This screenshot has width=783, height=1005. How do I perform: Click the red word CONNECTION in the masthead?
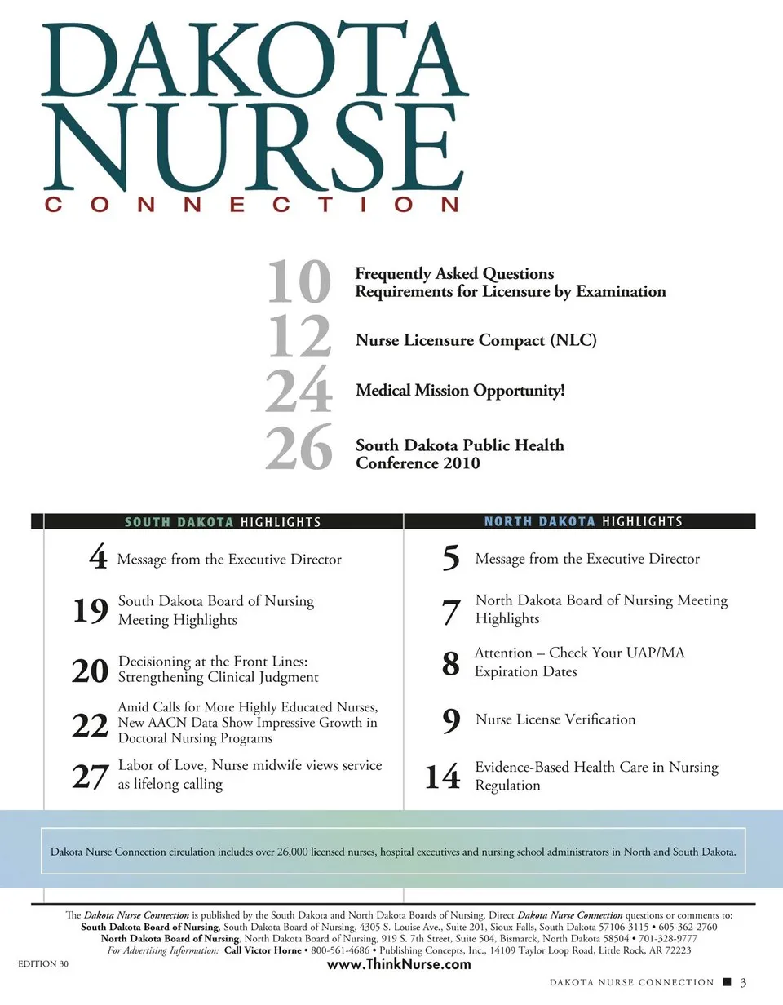(x=252, y=206)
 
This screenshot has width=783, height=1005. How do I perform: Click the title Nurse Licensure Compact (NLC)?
(x=476, y=339)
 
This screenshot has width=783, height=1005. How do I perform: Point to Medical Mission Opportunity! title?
(x=460, y=391)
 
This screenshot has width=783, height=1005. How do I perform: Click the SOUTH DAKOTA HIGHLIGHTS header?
(x=223, y=522)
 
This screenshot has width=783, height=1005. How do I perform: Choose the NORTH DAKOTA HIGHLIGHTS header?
(x=583, y=521)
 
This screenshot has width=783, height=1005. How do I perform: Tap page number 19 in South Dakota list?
(x=90, y=611)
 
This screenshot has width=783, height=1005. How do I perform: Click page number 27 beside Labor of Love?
(x=90, y=777)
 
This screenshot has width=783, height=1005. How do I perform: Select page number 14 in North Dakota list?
(x=442, y=777)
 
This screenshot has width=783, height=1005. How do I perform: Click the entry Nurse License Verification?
(x=555, y=719)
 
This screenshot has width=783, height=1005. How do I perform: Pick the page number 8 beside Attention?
(x=450, y=663)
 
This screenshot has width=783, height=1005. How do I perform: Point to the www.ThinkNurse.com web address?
(x=399, y=964)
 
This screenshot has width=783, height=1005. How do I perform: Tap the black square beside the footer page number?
(x=726, y=982)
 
